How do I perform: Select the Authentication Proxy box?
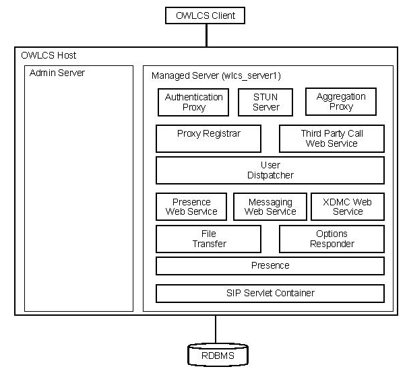point(193,102)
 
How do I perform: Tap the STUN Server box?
point(265,102)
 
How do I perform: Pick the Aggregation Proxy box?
point(341,102)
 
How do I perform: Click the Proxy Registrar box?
point(208,138)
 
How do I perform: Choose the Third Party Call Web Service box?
point(332,138)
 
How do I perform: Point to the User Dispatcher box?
point(270,170)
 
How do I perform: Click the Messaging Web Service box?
point(270,207)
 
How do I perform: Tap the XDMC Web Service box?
point(348,207)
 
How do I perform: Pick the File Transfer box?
point(208,239)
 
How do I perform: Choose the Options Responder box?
point(332,239)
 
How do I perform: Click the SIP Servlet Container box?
point(270,294)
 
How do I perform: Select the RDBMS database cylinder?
point(216,354)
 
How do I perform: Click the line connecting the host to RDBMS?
point(216,329)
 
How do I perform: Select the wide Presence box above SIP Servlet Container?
point(270,266)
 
